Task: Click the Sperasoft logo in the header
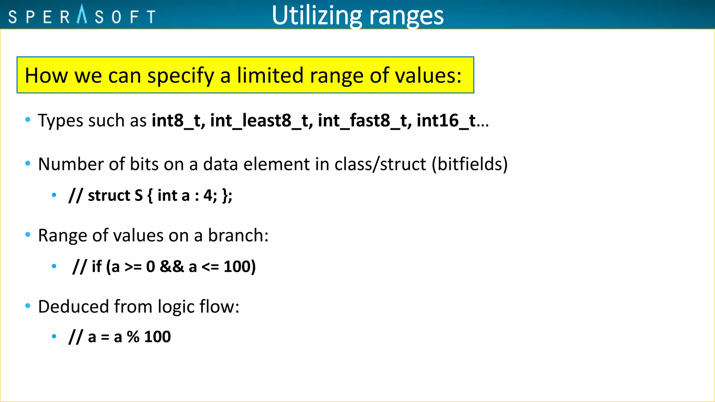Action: coord(82,16)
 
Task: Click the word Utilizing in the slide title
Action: coord(317,16)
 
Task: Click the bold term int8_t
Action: coord(178,121)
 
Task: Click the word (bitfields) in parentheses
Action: coord(470,164)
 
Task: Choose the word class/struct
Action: coord(380,164)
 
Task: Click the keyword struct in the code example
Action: coord(109,195)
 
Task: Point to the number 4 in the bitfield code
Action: coord(208,195)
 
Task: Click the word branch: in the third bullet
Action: coord(238,236)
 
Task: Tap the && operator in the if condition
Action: coord(171,267)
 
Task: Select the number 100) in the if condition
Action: coord(239,267)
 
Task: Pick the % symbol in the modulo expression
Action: coord(133,337)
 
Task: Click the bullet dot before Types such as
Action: coord(28,120)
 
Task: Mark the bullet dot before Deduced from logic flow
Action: coord(28,306)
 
